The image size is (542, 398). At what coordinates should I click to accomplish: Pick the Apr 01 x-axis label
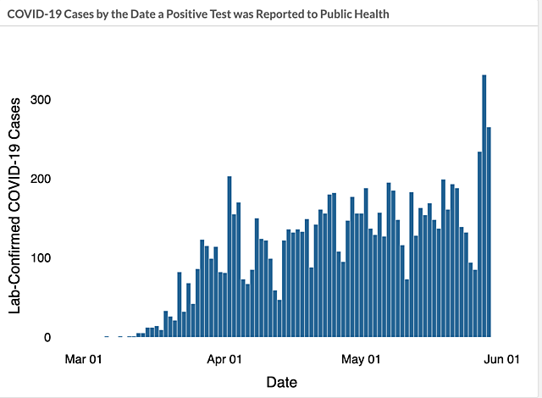pyautogui.click(x=224, y=359)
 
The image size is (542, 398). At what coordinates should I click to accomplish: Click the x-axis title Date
pyautogui.click(x=282, y=382)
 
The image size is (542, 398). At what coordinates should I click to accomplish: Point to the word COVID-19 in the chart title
pyautogui.click(x=33, y=15)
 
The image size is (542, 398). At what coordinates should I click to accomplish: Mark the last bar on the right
pyautogui.click(x=489, y=232)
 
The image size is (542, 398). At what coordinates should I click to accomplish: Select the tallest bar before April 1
pyautogui.click(x=202, y=289)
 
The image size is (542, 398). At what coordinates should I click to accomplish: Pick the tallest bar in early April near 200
pyautogui.click(x=230, y=257)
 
